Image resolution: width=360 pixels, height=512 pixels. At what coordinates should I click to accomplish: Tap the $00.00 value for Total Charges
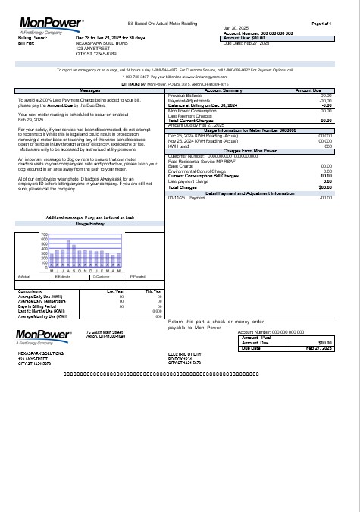pyautogui.click(x=327, y=187)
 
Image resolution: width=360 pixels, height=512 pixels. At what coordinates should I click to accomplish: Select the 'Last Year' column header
pyautogui.click(x=116, y=291)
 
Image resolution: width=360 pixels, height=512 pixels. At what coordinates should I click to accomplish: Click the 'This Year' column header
pyautogui.click(x=154, y=291)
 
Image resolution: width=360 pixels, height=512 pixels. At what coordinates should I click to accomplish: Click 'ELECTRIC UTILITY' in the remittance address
pyautogui.click(x=186, y=354)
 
